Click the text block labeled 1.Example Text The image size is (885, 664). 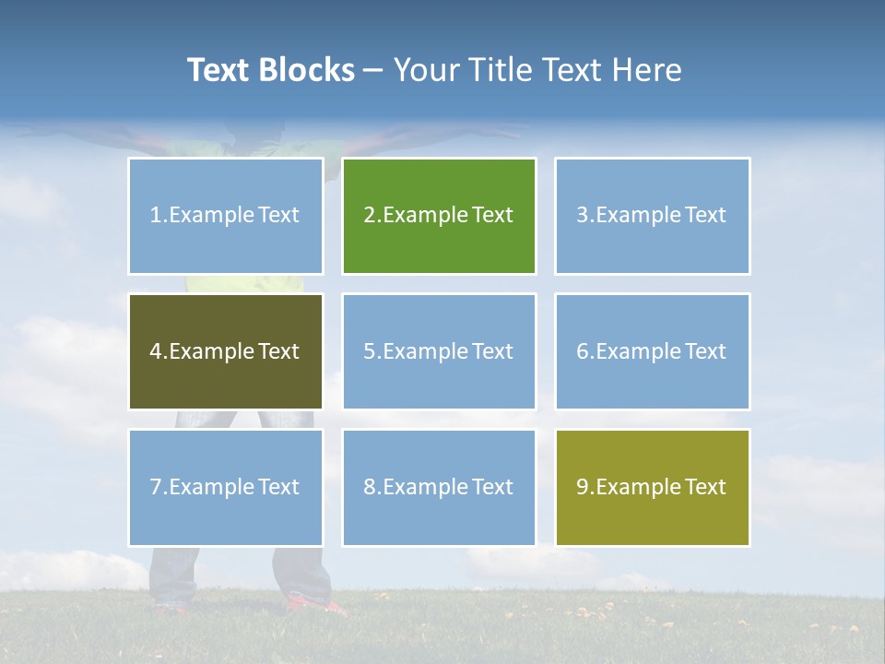tap(225, 216)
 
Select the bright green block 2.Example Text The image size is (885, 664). tap(439, 216)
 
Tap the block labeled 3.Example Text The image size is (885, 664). tap(652, 216)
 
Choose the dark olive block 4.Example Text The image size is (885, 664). tap(225, 351)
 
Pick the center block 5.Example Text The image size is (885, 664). tap(439, 351)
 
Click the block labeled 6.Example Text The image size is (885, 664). tap(652, 351)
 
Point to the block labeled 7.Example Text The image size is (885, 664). tap(225, 487)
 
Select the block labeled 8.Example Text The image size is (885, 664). tap(439, 487)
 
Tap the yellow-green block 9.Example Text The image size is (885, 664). tap(652, 487)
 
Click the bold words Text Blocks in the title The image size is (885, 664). tap(270, 70)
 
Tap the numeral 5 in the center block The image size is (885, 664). tap(369, 351)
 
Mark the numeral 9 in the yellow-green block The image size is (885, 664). tap(583, 487)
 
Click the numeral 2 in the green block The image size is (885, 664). tap(369, 216)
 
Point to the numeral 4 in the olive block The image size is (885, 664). tap(156, 351)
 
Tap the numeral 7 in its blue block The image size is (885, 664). tap(156, 487)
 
